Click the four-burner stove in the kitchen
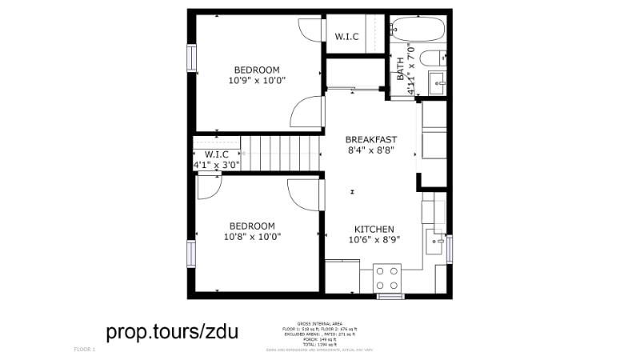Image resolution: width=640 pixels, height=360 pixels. [x=388, y=278]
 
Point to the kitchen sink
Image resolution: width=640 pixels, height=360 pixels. [x=437, y=239]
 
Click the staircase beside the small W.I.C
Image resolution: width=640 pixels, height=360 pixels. [x=281, y=153]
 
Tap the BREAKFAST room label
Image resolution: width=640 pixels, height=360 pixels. [x=371, y=139]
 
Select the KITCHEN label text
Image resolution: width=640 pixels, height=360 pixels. [x=374, y=229]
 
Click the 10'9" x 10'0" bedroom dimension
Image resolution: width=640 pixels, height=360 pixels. [x=257, y=81]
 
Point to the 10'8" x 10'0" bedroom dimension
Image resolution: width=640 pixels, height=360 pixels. [x=252, y=237]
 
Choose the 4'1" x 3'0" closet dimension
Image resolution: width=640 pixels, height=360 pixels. [x=216, y=165]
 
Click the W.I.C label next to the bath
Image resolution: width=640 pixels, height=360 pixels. [x=346, y=36]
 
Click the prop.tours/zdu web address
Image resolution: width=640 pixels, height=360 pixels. [x=171, y=331]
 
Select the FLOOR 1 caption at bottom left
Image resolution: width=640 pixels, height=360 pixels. [x=84, y=350]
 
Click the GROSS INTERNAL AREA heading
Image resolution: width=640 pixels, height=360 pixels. [x=320, y=323]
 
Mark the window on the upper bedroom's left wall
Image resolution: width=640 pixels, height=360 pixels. [x=191, y=58]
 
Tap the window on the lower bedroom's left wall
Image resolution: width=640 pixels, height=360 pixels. [x=191, y=254]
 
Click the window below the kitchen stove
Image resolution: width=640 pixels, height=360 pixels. [x=390, y=297]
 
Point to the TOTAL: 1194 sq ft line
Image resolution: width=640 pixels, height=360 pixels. [x=320, y=343]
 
